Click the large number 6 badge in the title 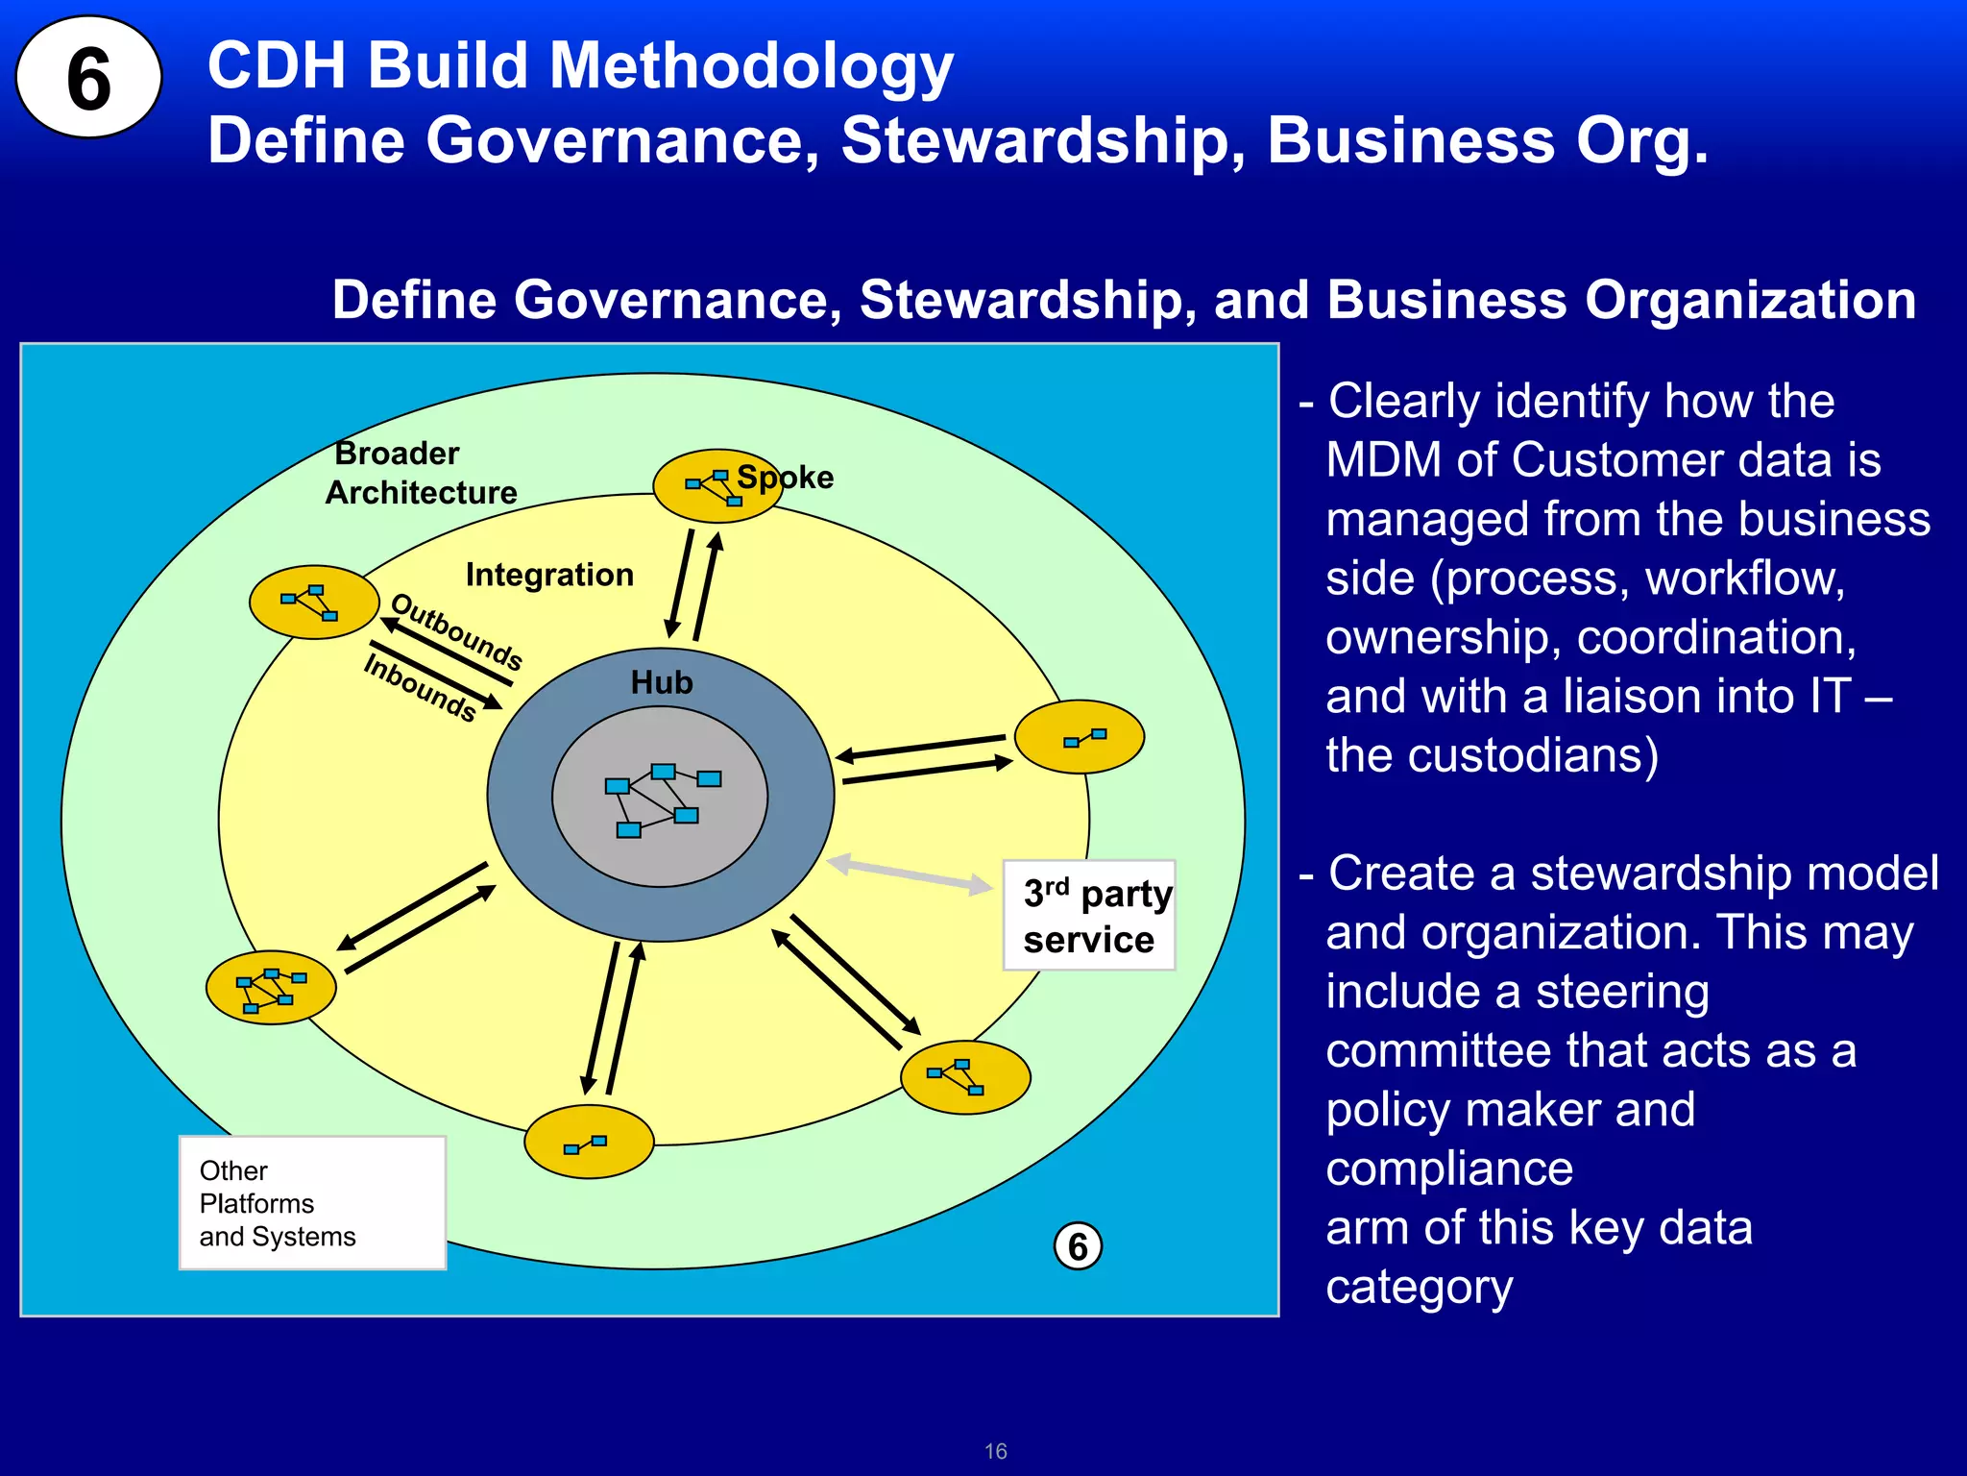point(88,77)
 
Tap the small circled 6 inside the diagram point(1078,1246)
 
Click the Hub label point(661,682)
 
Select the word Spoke point(786,477)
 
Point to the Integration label point(549,575)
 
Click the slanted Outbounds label point(457,631)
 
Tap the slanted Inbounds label point(420,686)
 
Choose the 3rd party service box point(1089,915)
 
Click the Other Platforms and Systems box point(312,1203)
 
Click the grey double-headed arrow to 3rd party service point(909,873)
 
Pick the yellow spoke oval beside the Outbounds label point(313,603)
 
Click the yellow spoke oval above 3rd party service point(1080,736)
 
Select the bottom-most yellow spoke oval point(589,1142)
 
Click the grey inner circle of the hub point(660,796)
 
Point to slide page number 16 point(995,1451)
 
